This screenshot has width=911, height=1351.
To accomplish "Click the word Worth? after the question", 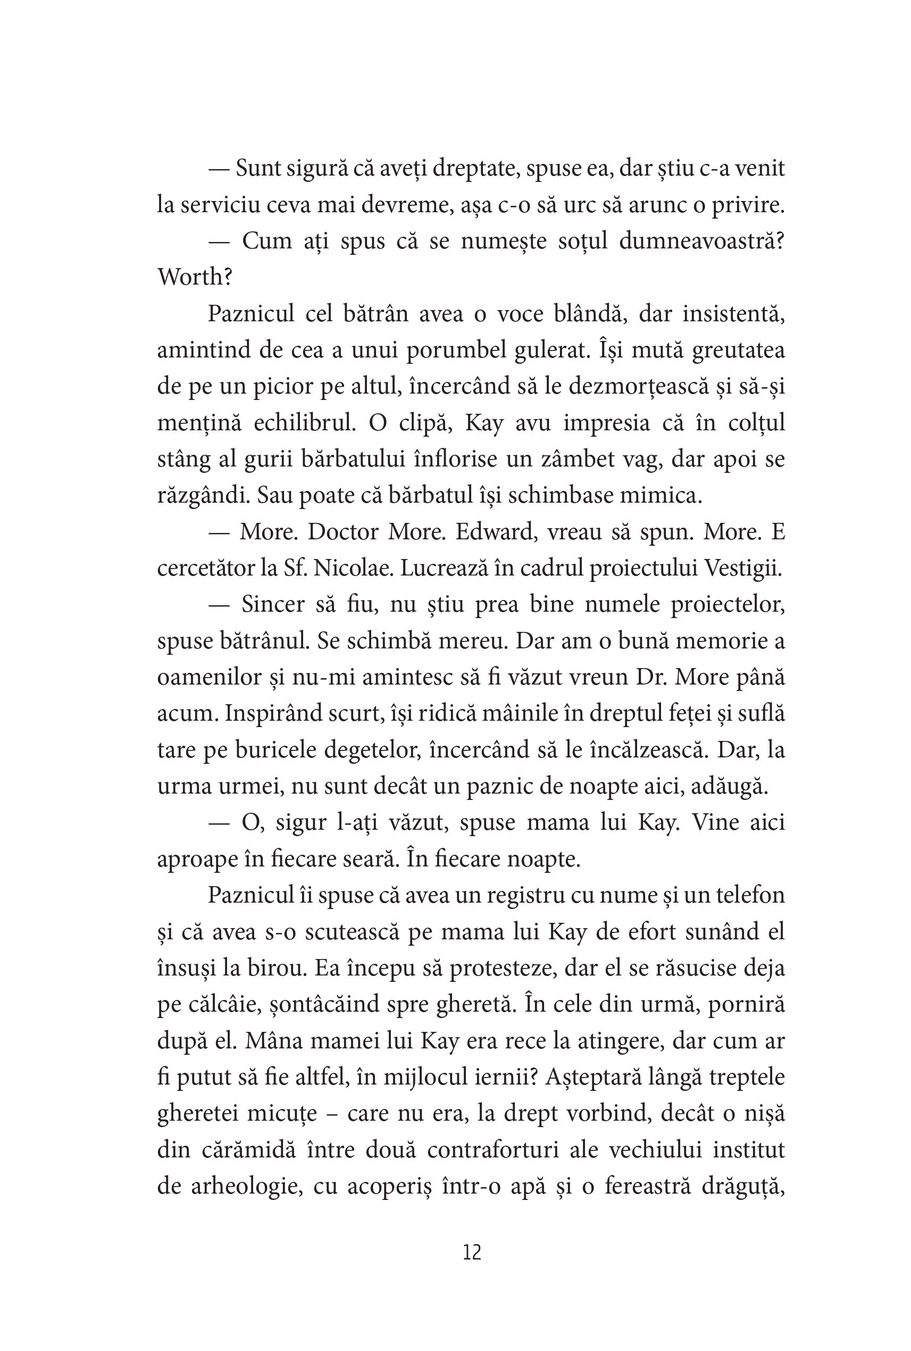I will [195, 277].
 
